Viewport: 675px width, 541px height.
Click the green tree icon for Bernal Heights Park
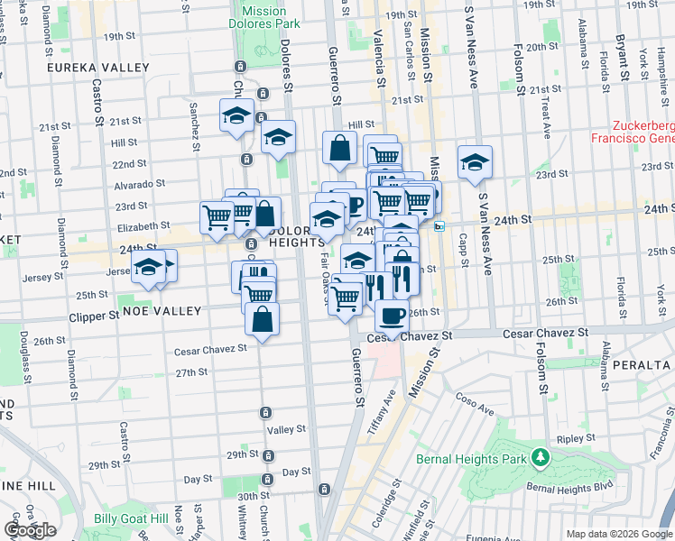(x=541, y=458)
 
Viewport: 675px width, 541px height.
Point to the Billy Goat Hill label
(x=131, y=518)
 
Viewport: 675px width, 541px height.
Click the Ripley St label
(x=573, y=439)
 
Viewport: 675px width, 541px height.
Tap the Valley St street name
(x=288, y=430)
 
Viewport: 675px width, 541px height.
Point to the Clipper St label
(x=95, y=317)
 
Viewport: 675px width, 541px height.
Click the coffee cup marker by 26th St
(x=392, y=316)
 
